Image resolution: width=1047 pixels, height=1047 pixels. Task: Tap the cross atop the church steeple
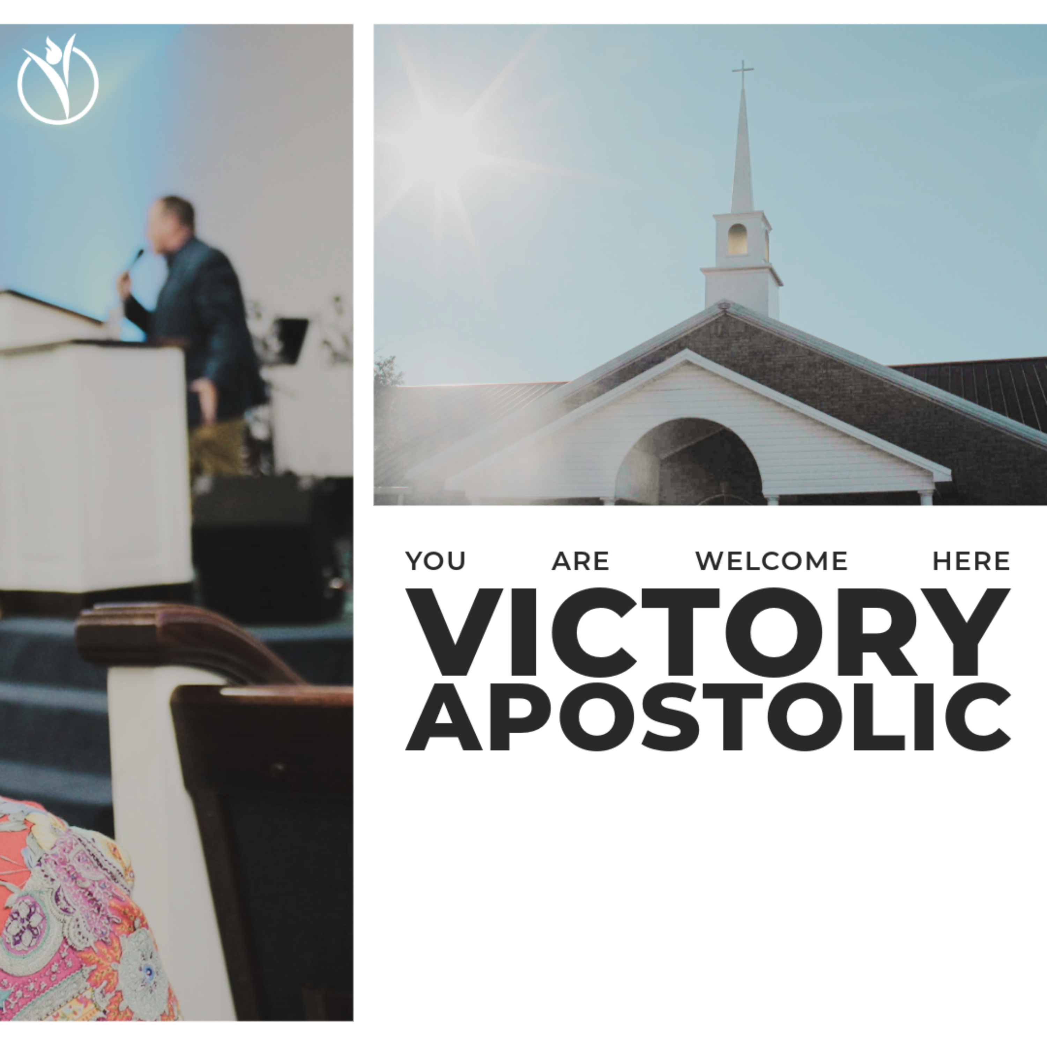tap(742, 74)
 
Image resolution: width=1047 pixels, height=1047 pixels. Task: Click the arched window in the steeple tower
tap(737, 239)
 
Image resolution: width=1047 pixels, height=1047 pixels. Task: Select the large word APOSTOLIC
tap(708, 717)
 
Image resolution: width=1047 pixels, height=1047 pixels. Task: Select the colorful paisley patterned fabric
tap(76, 921)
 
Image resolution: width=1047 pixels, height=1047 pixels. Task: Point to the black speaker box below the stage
tap(271, 547)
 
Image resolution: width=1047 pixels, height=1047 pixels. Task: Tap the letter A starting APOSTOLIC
tap(443, 717)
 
